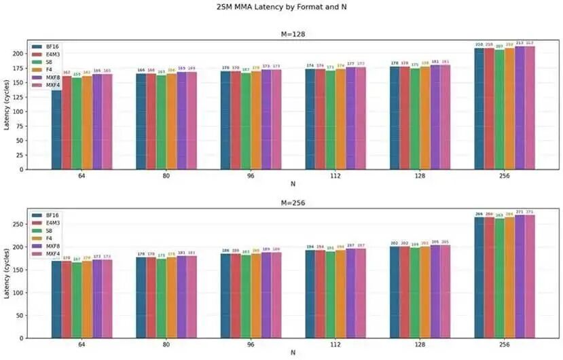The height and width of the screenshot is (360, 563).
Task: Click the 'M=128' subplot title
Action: [293, 35]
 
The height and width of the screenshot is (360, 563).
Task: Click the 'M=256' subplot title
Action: [293, 203]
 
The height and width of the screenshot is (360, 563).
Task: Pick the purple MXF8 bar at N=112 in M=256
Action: [350, 293]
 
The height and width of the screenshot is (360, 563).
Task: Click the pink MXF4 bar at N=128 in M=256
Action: [446, 291]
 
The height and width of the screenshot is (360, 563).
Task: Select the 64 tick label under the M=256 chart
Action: [81, 344]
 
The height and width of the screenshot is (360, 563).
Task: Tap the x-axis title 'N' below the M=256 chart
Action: [293, 353]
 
